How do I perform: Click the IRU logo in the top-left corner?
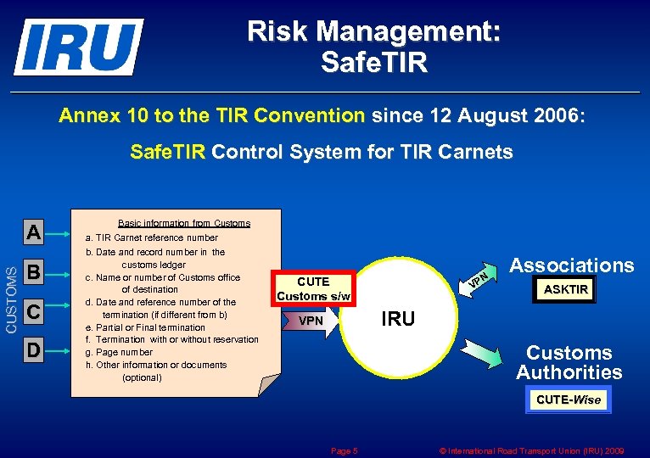pos(77,47)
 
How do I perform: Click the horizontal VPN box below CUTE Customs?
pos(311,321)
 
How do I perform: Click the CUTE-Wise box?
pos(569,399)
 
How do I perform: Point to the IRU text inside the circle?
pos(398,319)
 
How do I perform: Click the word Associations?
pos(571,265)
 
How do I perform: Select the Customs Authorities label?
pos(569,362)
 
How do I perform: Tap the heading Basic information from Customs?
pos(184,223)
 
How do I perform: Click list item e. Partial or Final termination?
pos(145,327)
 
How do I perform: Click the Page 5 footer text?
pos(344,451)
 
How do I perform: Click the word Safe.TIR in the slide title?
pos(373,62)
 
